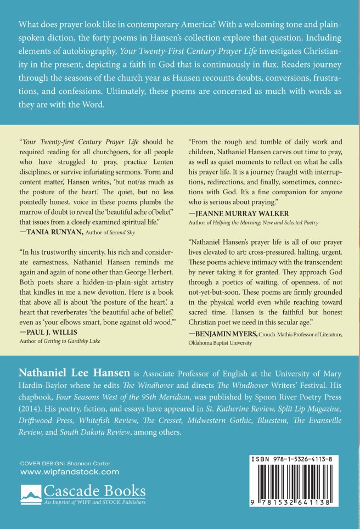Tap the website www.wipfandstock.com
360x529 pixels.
point(69,471)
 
